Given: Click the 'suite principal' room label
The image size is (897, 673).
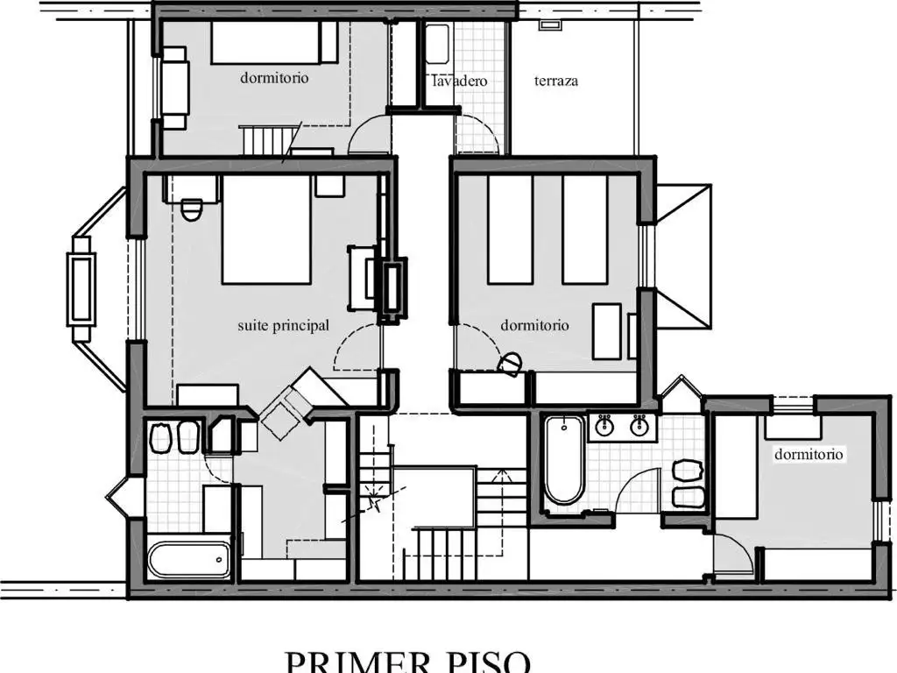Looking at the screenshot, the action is coord(283,326).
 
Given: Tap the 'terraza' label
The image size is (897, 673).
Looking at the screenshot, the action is coord(555,81).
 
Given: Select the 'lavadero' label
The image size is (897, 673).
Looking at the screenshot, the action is coord(459,81).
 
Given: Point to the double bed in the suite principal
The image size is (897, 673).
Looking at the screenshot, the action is coord(266,230).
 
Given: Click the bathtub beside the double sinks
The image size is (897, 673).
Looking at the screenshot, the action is coord(564,460).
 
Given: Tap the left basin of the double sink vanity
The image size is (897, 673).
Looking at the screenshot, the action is coord(604,425).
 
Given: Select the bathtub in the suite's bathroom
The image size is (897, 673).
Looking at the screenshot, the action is coord(189,559).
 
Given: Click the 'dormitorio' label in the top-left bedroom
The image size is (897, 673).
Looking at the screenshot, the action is coord(274,77).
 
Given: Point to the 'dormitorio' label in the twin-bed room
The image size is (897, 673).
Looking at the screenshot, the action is coord(534,325).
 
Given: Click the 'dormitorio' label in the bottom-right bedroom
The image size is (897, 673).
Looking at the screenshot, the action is coord(809,455).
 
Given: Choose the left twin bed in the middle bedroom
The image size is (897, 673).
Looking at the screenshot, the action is coord(510,230).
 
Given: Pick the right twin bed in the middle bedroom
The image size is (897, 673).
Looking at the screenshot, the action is coord(584,230).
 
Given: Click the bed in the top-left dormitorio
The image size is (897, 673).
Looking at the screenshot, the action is coord(274,42).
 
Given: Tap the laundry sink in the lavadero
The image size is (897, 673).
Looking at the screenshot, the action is coord(437,44).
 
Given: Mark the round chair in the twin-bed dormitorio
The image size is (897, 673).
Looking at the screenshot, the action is coord(510,364).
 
